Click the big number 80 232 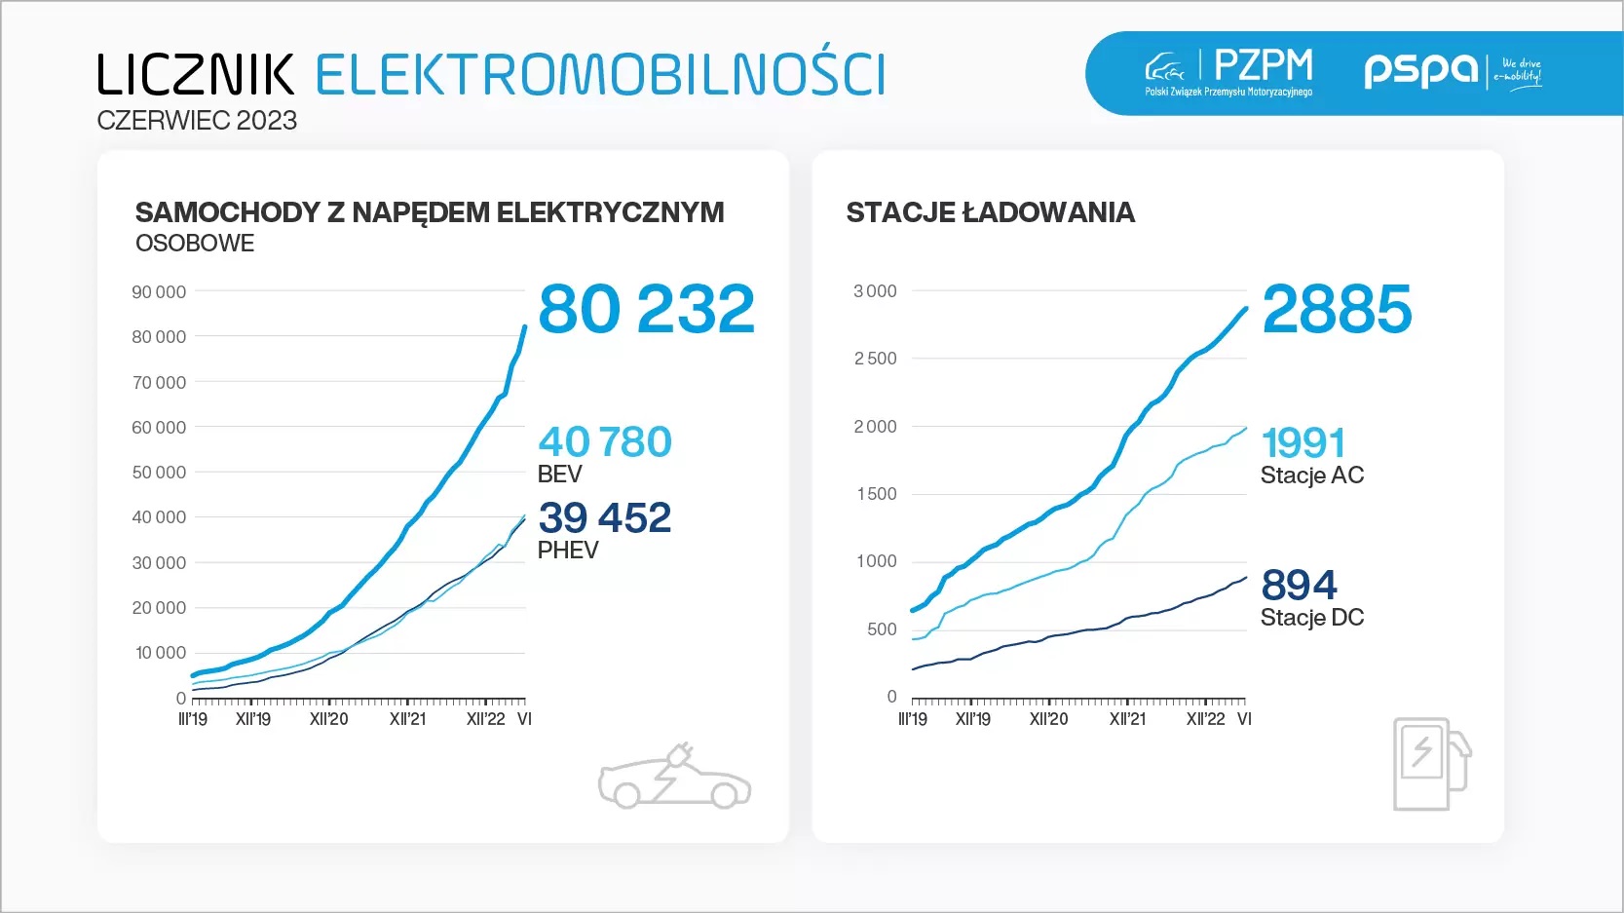click(x=646, y=310)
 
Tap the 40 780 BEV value click(x=604, y=442)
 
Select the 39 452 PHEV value click(x=604, y=517)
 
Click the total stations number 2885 click(x=1336, y=310)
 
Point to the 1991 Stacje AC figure click(x=1303, y=443)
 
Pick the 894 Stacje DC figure click(x=1299, y=586)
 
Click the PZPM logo click(x=1230, y=71)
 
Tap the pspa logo click(x=1420, y=69)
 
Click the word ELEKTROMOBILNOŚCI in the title click(x=600, y=75)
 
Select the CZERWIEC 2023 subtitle click(x=197, y=121)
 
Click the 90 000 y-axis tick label click(x=159, y=292)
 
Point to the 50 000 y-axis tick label click(x=159, y=473)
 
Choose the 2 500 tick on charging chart click(x=875, y=359)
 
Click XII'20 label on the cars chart click(x=328, y=719)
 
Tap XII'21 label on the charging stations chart click(x=1127, y=719)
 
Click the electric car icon click(x=674, y=779)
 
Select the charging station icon click(x=1430, y=764)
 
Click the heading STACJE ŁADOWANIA click(x=990, y=212)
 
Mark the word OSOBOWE click(x=195, y=244)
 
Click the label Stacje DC click(x=1311, y=618)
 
